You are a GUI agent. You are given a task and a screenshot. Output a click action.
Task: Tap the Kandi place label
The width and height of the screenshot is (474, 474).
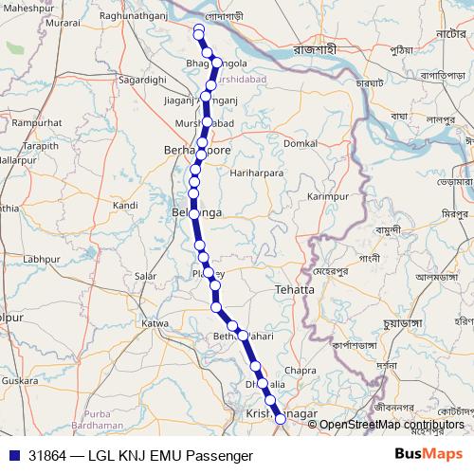click(x=125, y=205)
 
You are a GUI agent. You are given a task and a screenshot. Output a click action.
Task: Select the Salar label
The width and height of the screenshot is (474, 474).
click(x=145, y=275)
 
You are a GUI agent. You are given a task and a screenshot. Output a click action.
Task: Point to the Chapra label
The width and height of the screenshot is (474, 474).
click(x=301, y=370)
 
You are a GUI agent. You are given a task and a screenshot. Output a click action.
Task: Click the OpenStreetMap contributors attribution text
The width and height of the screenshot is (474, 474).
click(x=391, y=424)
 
